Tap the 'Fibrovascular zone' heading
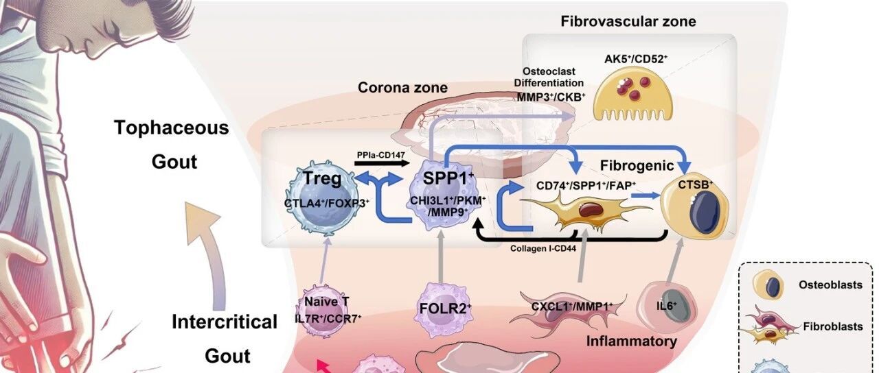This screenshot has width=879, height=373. tap(628, 21)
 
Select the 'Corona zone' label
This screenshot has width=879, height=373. tap(402, 88)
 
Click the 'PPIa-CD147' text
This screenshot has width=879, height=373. tap(379, 155)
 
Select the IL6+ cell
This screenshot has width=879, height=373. tap(661, 306)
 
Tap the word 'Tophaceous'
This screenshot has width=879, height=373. tap(171, 128)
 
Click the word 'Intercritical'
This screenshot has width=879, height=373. tap(225, 322)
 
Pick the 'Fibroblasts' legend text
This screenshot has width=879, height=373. tap(832, 326)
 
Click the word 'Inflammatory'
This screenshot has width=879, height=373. tap(632, 341)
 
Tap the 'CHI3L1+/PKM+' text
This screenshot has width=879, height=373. tap(448, 200)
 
